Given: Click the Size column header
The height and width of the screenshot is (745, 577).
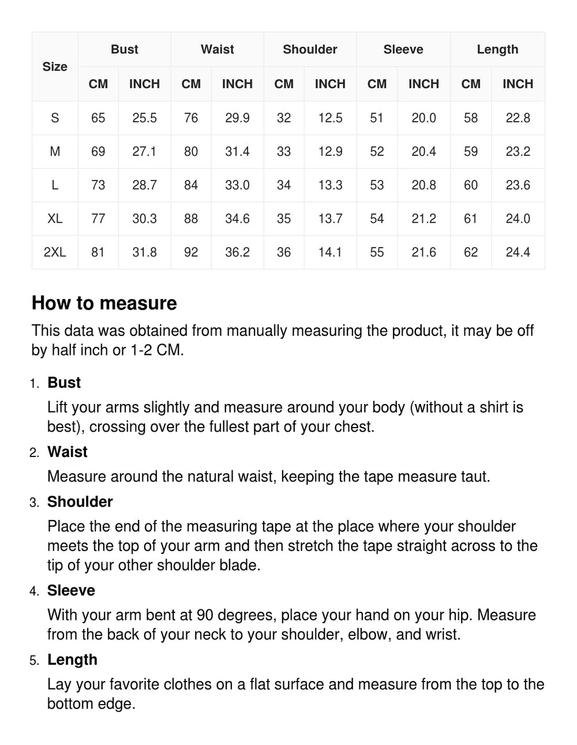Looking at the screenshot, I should (x=55, y=66).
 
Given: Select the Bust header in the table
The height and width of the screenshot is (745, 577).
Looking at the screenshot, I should (x=124, y=50).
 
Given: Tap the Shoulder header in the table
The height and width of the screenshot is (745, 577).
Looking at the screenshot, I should (x=310, y=50).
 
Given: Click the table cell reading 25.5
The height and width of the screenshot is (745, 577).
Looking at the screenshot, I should (x=144, y=118).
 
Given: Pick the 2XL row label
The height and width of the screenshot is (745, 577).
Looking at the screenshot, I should (x=55, y=252).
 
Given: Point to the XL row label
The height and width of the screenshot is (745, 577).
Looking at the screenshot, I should (x=55, y=219).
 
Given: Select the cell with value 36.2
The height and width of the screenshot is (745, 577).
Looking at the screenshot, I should (x=237, y=252).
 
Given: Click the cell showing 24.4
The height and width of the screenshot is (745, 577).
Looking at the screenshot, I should (x=518, y=252).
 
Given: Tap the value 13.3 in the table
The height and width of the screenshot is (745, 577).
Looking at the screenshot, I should (x=330, y=185).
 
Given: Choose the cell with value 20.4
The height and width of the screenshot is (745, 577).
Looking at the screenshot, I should (x=424, y=152).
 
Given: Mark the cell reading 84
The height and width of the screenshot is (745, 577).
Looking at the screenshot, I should (x=191, y=185).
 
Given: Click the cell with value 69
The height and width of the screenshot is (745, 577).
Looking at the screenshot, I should (x=98, y=152).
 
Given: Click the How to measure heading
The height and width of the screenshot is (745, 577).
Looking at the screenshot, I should (x=104, y=303).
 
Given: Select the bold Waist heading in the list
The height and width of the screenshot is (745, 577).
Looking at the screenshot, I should (x=68, y=452).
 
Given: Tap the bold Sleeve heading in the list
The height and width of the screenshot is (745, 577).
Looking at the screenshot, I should (x=71, y=590).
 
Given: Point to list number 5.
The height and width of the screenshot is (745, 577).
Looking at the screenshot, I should (x=35, y=661).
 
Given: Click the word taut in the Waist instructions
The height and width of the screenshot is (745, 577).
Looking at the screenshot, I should (x=475, y=477).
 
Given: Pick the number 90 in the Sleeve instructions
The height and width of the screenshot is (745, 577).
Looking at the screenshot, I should (x=205, y=615).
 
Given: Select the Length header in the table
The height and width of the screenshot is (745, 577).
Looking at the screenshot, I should (x=497, y=50).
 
